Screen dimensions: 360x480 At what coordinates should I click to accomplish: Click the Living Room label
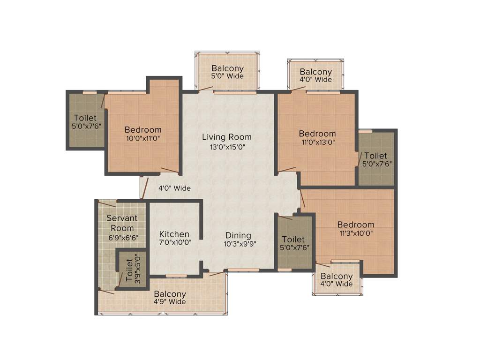227,137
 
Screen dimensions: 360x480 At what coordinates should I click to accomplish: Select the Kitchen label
174,234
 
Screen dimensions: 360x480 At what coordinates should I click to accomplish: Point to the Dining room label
238,235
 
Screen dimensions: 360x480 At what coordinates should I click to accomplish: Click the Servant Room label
122,223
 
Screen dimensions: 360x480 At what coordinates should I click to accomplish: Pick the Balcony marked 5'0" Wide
227,71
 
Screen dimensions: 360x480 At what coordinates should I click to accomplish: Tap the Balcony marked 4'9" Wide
170,298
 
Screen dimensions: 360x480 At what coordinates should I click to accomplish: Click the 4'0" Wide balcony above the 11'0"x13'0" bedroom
316,75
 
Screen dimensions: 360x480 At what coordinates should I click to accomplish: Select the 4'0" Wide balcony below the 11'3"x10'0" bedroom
337,280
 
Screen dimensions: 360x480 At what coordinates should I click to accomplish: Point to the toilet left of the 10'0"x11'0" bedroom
85,122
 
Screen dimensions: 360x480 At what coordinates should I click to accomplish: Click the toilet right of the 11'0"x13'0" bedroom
376,159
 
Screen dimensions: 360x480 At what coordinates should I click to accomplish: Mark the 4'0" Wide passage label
174,188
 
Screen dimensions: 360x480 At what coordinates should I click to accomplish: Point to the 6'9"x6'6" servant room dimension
122,238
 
